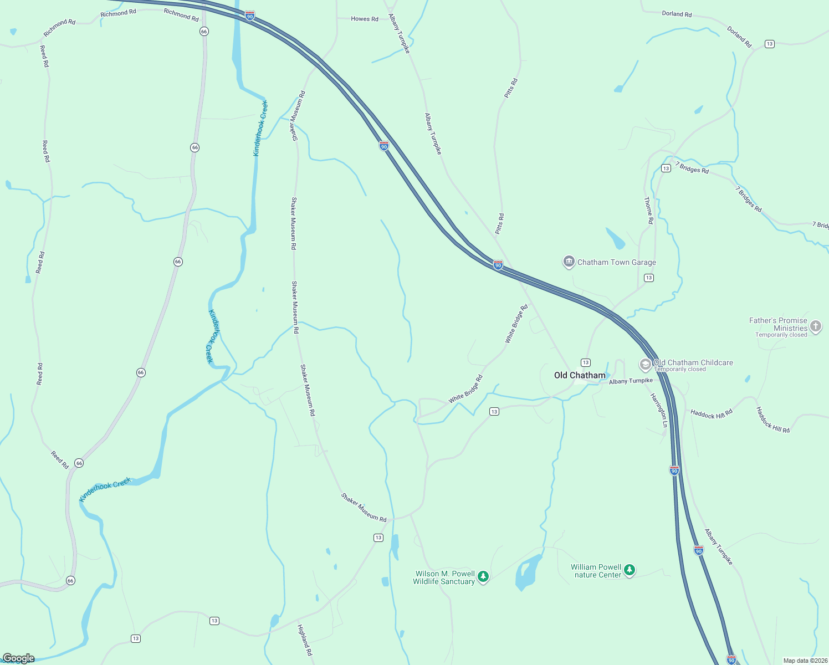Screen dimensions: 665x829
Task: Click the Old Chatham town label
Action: pos(580,375)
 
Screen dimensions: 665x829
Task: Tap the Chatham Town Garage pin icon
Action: pos(569,262)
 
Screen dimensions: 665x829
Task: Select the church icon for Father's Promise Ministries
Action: pos(815,326)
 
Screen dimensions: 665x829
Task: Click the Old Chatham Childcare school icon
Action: pos(645,365)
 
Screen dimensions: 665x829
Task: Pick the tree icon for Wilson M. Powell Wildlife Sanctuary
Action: pos(483,577)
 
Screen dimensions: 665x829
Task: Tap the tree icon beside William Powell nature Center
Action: pos(629,570)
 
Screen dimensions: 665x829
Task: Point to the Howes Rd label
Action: pos(365,19)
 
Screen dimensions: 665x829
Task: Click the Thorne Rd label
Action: pos(648,211)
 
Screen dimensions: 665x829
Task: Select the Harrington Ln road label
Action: pos(659,410)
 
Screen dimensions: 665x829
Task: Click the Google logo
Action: pos(18,658)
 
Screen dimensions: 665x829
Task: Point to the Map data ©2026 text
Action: pos(805,661)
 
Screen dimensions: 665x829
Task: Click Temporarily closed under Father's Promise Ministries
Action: pos(781,335)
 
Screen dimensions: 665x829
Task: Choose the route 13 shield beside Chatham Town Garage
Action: pos(649,278)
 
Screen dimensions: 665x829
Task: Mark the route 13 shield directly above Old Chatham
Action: pos(586,362)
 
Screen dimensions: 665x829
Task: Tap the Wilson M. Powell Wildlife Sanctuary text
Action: pos(444,577)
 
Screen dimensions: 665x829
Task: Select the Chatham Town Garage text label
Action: pos(617,262)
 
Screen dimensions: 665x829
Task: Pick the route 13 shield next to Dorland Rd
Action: pos(769,44)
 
